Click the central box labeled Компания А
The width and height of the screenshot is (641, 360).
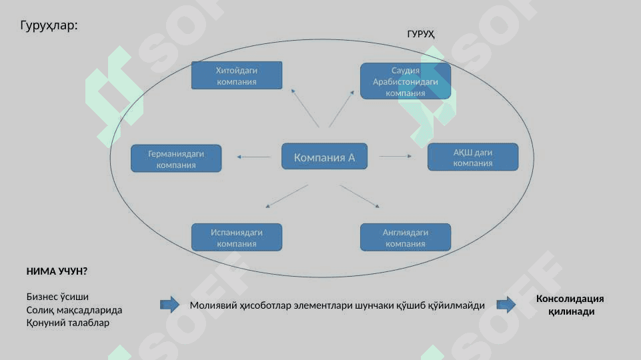pos(324,156)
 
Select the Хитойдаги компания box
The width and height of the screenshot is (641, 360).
pos(237,75)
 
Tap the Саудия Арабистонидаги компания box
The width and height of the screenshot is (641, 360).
pos(406,81)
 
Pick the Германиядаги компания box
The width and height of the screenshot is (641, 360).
pos(176,158)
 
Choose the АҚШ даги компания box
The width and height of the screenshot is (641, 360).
pos(473,157)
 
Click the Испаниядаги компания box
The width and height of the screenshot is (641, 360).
pos(237,237)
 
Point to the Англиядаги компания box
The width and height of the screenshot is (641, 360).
pos(406,237)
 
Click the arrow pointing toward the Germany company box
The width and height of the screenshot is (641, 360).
pos(254,157)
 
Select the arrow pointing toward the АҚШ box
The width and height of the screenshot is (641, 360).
pos(396,156)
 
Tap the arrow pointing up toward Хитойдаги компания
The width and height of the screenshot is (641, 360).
pos(305,108)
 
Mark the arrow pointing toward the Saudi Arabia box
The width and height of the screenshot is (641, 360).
pos(342,109)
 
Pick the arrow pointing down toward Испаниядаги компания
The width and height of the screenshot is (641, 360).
pos(287,197)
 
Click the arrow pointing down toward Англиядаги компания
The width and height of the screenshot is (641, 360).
pos(360,197)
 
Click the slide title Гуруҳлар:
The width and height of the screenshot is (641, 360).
pos(49,25)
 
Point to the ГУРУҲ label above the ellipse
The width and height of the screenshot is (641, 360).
pos(421,34)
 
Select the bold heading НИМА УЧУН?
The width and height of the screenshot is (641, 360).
pos(57,271)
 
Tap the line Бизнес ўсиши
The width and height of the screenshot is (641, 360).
pos(57,297)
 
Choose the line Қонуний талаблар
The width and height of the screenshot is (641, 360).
pos(68,323)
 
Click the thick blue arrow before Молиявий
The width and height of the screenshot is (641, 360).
pos(169,305)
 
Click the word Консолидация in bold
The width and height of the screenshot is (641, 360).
pos(570,299)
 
